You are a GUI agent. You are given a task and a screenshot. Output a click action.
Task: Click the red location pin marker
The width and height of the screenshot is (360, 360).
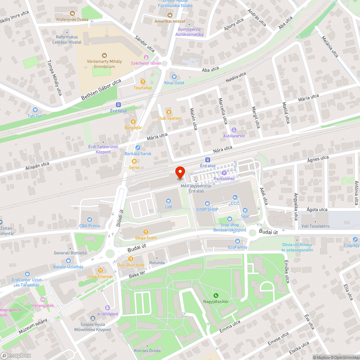pyautogui.click(x=180, y=173)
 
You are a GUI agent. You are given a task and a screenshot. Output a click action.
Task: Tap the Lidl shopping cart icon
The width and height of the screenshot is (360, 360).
pyautogui.click(x=168, y=201)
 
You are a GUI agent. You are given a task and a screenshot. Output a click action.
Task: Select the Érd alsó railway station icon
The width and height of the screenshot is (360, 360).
pyautogui.click(x=208, y=159)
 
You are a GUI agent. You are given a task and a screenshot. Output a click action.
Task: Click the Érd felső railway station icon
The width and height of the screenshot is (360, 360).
pyautogui.click(x=118, y=105)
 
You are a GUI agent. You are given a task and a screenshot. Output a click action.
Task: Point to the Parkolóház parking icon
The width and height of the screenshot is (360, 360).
pyautogui.click(x=224, y=173)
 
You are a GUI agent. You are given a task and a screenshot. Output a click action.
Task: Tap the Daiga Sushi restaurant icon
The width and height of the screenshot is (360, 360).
pyautogui.click(x=146, y=231)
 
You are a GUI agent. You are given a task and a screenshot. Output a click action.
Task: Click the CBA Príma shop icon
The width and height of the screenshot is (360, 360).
pyautogui.click(x=89, y=220)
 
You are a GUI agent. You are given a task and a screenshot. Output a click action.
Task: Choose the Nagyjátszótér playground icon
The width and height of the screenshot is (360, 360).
pyautogui.click(x=216, y=295)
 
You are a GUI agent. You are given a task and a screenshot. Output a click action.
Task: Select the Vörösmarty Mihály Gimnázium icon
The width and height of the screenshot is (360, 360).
pyautogui.click(x=104, y=55)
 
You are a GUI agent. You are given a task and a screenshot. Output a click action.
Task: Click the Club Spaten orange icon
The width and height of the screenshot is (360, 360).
pyautogui.click(x=168, y=112)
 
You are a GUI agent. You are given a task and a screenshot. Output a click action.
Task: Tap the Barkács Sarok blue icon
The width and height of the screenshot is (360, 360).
pyautogui.click(x=138, y=148)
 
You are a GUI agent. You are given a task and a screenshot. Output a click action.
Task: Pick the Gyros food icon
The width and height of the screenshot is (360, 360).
pyautogui.click(x=134, y=161)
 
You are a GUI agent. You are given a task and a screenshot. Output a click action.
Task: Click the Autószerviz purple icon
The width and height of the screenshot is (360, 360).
pyautogui.click(x=234, y=130)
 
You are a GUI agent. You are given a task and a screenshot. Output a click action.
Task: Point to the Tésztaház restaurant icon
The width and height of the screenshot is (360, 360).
pyautogui.click(x=143, y=81)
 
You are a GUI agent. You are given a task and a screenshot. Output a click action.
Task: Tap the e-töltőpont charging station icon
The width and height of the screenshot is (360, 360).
pyautogui.click(x=107, y=308)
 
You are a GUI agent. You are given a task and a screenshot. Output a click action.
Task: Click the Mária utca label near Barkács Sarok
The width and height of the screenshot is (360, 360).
pyautogui.click(x=157, y=137)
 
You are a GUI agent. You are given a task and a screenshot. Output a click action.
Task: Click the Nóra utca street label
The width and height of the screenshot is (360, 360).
pyautogui.click(x=223, y=149)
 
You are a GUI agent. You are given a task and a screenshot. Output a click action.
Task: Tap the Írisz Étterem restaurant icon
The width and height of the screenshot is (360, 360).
pyautogui.click(x=100, y=270)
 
